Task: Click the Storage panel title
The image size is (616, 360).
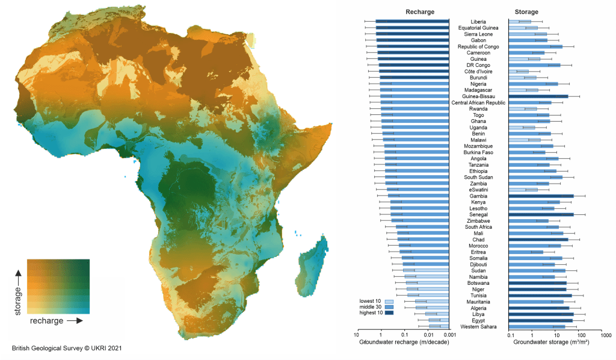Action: point(526,12)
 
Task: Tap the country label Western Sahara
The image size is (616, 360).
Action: point(479,326)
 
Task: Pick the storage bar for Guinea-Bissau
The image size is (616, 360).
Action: point(538,96)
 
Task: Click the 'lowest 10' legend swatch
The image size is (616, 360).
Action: point(389,300)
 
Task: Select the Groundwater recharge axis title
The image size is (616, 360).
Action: point(403,343)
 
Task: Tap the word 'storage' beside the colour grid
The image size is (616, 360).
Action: point(17,299)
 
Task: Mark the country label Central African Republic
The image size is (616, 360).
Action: point(479,102)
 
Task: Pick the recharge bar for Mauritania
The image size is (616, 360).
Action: point(432,302)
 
